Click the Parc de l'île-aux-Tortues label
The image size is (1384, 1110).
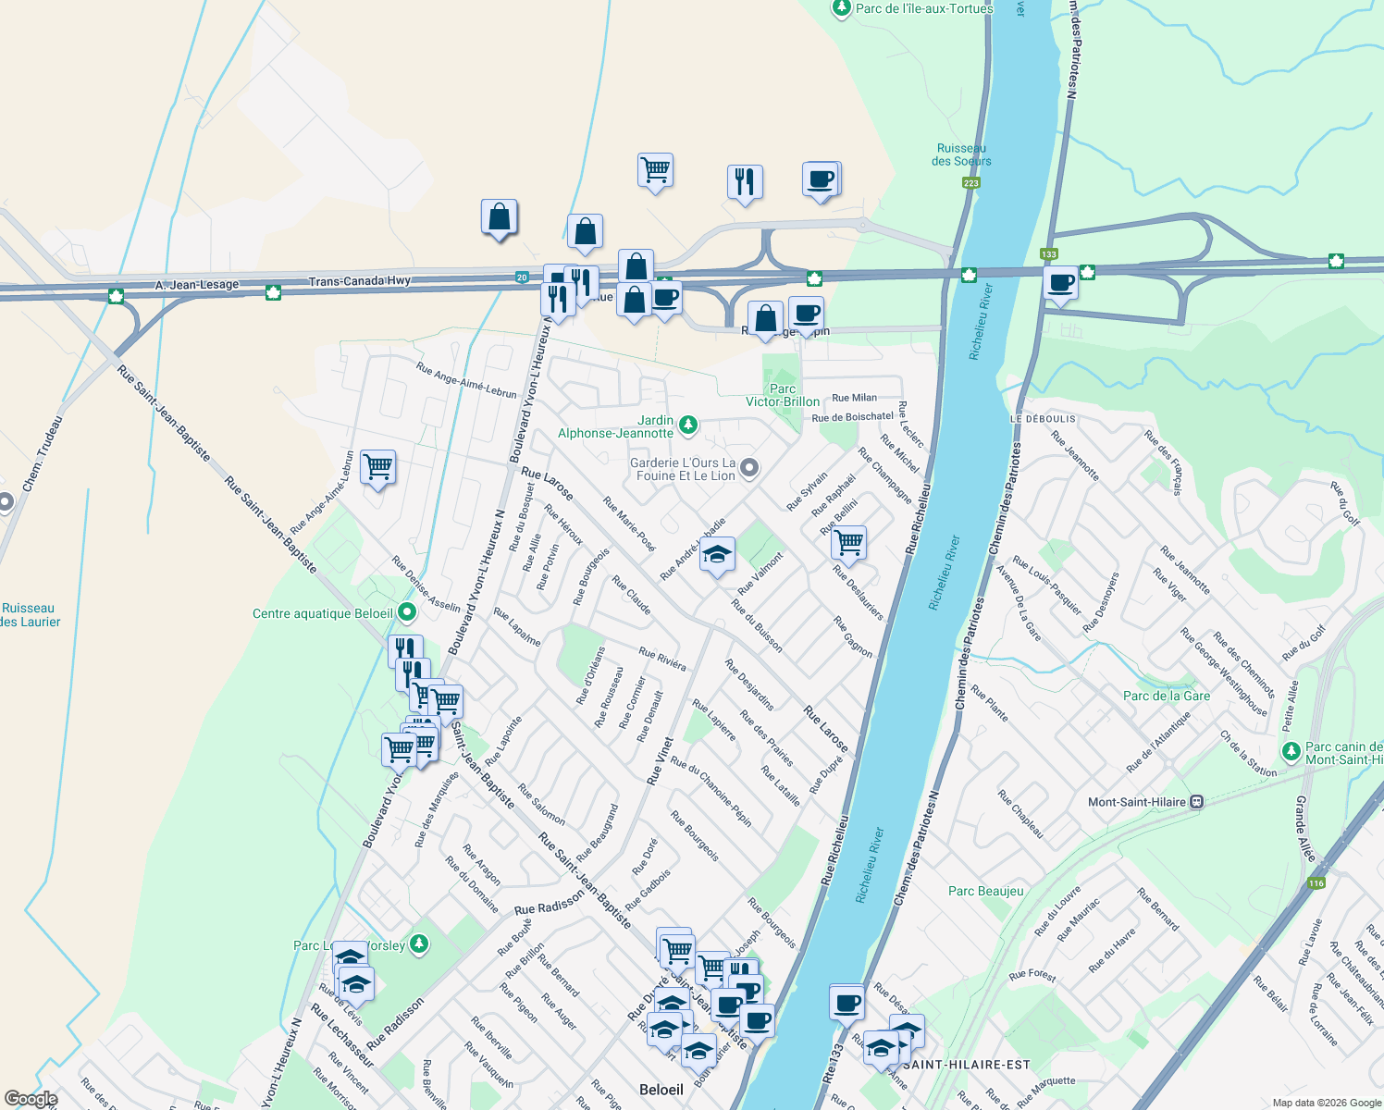pos(923,8)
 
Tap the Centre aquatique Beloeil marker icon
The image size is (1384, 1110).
pos(406,612)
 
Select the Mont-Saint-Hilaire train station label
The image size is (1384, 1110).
pos(1137,802)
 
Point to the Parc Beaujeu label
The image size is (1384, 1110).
pos(986,891)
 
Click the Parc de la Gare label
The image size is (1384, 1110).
pos(1166,696)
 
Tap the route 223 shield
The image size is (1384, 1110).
pos(970,183)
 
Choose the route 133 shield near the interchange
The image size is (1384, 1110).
pos(1048,254)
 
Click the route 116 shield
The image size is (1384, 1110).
pos(1316,883)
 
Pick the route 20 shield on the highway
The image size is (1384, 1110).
pos(522,277)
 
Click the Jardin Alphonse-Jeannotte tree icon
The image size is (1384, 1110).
pos(687,425)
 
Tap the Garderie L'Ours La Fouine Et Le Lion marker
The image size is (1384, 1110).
pos(749,468)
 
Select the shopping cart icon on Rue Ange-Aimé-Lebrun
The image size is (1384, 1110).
pos(377,467)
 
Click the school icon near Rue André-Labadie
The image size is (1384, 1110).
pos(717,555)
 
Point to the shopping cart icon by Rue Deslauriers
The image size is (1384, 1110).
pos(848,541)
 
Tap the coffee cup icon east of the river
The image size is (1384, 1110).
pos(1060,282)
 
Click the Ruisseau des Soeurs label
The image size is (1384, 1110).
pos(961,154)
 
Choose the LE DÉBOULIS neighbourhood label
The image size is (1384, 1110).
pos(1043,419)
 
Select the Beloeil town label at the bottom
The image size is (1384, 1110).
pos(661,1090)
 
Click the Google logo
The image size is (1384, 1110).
pos(31,1099)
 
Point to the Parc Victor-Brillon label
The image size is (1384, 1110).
pos(783,395)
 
